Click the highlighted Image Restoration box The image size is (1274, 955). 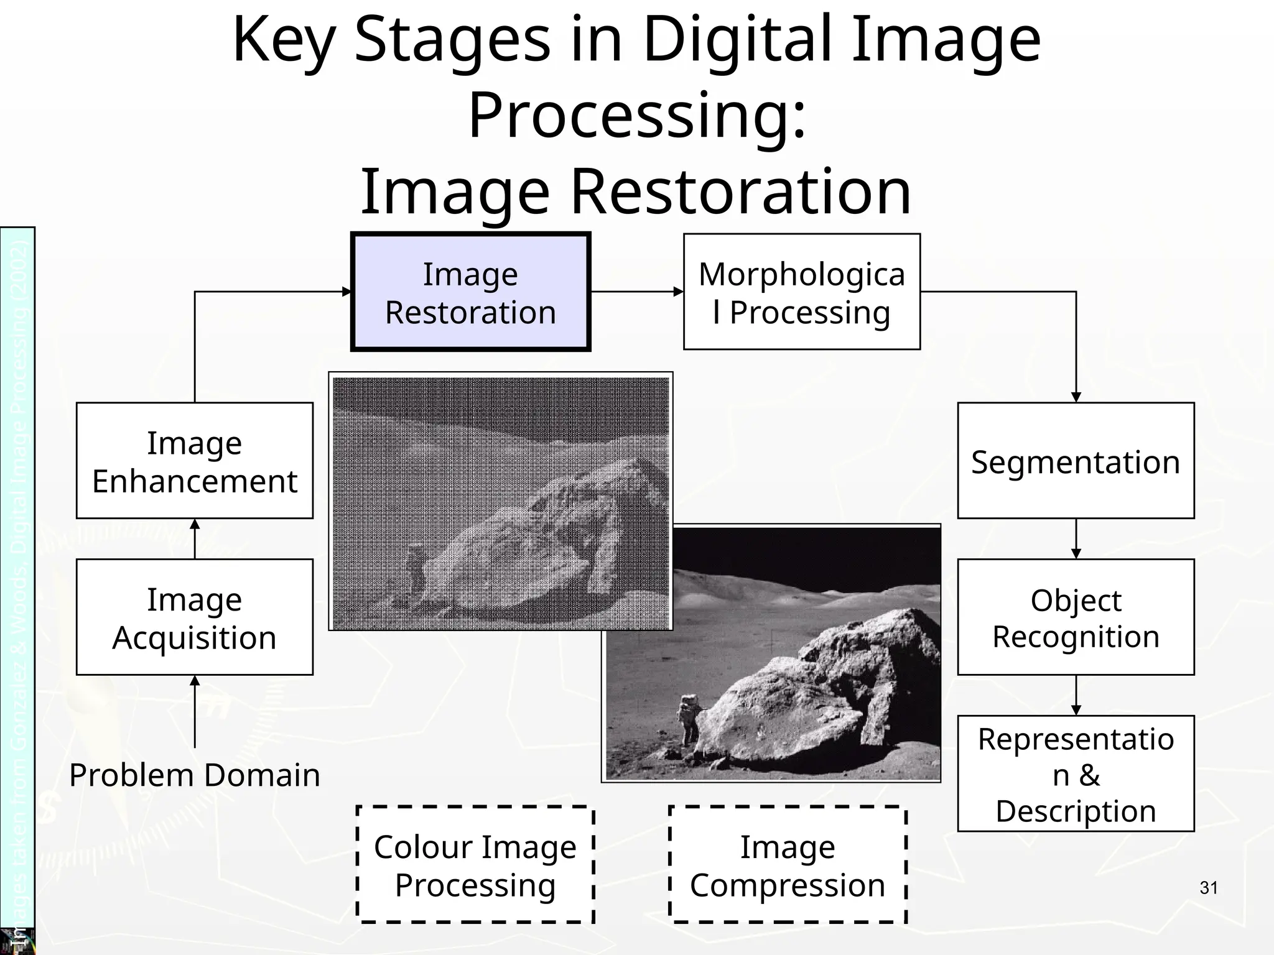[x=470, y=292]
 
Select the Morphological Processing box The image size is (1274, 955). [x=801, y=292]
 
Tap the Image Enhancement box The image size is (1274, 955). [x=194, y=461]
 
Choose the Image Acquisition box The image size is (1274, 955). [x=194, y=617]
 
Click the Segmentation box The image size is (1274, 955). [x=1076, y=461]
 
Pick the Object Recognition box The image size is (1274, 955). [x=1076, y=617]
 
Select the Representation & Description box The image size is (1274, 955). [x=1076, y=774]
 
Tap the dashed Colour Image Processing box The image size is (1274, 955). [x=475, y=865]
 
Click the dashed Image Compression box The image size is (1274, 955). [x=788, y=865]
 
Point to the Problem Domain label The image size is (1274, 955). [x=194, y=775]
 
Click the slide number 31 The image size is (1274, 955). [x=1209, y=888]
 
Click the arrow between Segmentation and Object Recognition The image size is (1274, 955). [x=1076, y=539]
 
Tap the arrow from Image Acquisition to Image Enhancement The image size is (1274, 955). [x=195, y=539]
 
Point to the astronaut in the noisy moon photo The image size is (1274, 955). [x=414, y=569]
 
